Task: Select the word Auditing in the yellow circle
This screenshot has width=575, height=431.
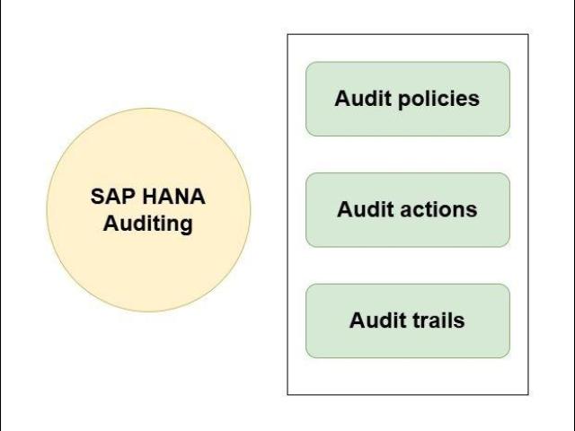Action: pos(148,224)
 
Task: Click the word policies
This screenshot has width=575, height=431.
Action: pos(438,99)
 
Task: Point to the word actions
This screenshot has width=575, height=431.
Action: pos(437,210)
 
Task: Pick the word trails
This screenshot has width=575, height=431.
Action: pos(435,321)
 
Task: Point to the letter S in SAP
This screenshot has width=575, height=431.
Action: pos(97,198)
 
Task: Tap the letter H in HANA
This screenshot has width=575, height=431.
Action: pos(144,198)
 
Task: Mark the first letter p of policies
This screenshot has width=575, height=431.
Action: pos(403,101)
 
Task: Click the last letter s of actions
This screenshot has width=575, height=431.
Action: pos(472,211)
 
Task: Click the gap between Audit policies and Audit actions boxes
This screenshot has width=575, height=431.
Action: pos(408,154)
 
